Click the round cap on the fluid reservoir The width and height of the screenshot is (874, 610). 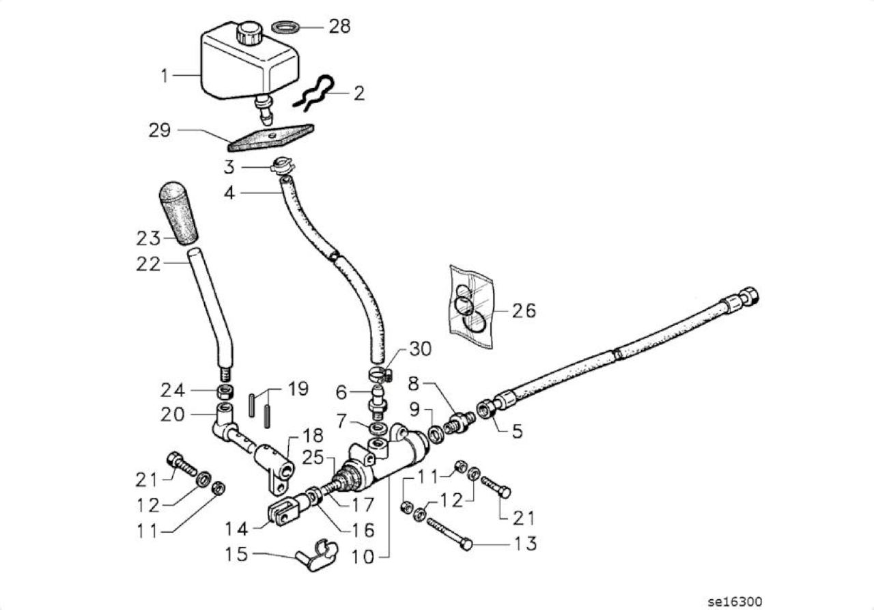250,33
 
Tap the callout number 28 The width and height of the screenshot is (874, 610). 339,27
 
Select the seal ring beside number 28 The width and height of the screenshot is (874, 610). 285,28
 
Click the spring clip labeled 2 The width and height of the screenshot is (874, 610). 314,94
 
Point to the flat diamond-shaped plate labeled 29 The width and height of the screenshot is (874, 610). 271,138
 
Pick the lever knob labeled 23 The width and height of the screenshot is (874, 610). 178,212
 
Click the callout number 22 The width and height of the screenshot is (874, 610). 148,264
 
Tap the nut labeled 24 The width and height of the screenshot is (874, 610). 225,391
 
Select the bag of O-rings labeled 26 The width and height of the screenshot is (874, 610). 470,306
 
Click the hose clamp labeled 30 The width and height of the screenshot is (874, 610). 380,374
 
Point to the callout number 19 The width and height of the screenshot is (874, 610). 298,389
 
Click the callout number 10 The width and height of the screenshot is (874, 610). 363,557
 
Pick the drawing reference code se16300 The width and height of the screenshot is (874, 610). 735,601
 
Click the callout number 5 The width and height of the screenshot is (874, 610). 518,432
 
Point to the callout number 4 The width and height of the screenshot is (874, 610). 229,193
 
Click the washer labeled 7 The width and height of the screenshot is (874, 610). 378,428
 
